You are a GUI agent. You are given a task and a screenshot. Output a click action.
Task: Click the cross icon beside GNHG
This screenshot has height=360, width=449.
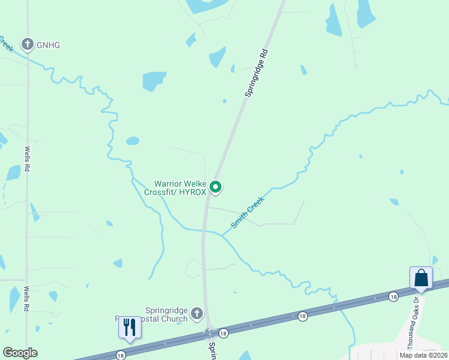tap(27, 44)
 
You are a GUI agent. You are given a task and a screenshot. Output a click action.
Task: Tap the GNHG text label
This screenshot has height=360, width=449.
tap(49, 45)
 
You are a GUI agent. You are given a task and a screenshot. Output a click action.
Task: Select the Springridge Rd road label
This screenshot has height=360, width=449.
tap(255, 73)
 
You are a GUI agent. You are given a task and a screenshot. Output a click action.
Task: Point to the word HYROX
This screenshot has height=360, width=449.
tap(192, 193)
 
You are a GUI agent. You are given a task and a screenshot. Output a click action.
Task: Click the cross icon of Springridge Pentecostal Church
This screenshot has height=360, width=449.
tap(197, 314)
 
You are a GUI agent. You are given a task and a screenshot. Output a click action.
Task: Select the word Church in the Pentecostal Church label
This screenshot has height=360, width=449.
tap(175, 319)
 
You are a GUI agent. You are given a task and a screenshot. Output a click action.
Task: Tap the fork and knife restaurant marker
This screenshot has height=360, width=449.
tap(129, 327)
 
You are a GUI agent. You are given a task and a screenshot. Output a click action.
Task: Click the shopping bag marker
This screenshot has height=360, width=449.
tap(421, 278)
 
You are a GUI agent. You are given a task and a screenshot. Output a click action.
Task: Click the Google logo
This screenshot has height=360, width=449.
tap(20, 353)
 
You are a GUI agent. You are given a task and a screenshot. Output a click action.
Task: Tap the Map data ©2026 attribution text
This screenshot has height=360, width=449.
tap(423, 355)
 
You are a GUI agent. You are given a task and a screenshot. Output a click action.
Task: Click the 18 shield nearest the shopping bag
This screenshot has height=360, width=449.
tap(393, 296)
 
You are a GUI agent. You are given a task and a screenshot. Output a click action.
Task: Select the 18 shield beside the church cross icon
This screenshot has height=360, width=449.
tap(223, 333)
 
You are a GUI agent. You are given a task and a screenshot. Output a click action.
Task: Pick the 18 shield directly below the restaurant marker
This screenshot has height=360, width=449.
tap(121, 355)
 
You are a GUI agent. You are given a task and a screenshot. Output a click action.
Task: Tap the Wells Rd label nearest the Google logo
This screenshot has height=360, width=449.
tap(27, 298)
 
